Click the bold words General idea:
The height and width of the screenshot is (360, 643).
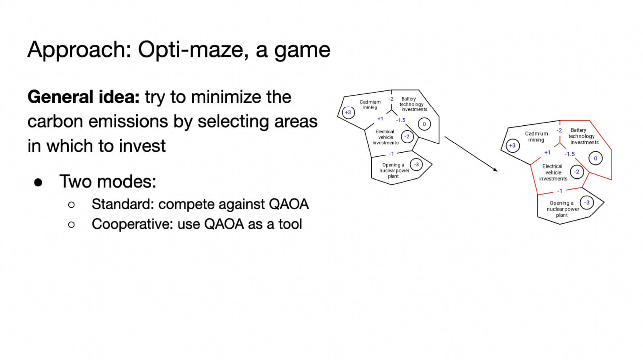tap(83, 97)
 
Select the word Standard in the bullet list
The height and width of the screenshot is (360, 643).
tap(122, 204)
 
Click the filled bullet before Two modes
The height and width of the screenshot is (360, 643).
tap(38, 182)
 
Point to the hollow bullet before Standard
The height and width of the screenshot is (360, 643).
tap(72, 205)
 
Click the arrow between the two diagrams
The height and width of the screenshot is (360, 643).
tap(471, 154)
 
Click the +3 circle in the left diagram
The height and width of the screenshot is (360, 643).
tap(348, 112)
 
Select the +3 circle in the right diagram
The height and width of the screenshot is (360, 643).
tap(512, 145)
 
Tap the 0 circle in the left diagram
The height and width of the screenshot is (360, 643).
tap(424, 124)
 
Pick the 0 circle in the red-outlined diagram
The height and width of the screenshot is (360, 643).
tap(595, 158)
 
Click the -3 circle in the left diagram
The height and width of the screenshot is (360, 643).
tap(416, 164)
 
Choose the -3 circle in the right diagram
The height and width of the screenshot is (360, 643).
tap(587, 202)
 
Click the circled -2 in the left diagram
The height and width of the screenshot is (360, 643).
tap(407, 137)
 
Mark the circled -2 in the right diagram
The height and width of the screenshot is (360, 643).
tap(577, 172)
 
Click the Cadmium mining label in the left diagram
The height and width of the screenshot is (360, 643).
tap(370, 104)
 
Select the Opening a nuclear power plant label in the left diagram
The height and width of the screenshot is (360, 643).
tap(394, 170)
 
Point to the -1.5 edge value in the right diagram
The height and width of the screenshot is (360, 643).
tap(569, 154)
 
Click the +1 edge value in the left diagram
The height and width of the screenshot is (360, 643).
tap(380, 119)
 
